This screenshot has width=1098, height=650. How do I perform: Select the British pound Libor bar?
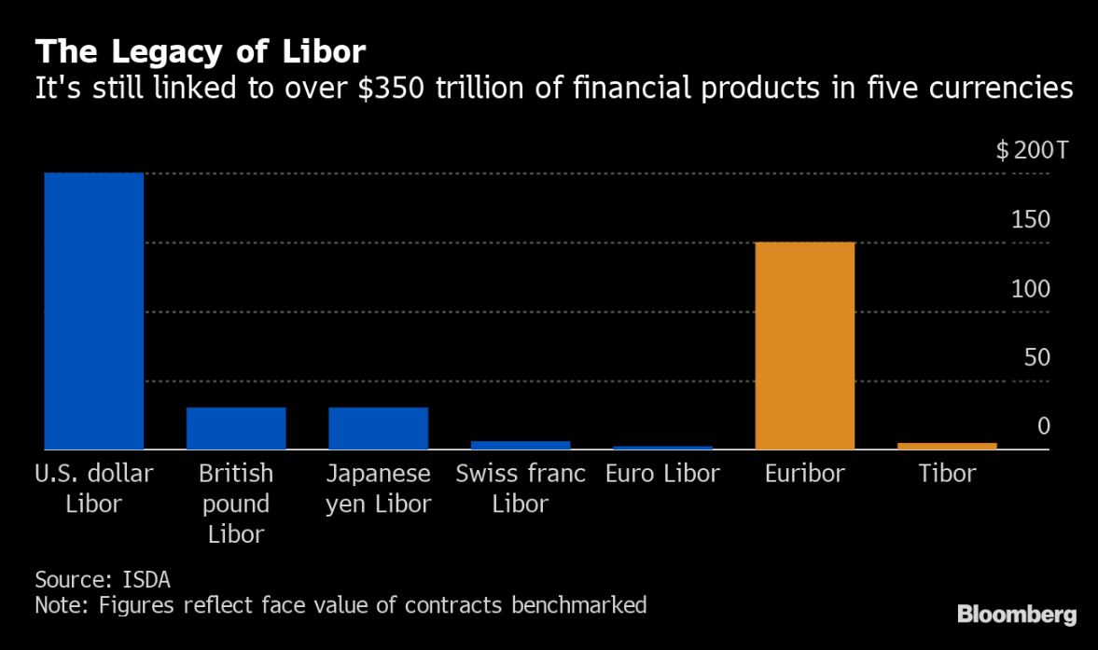click(x=236, y=428)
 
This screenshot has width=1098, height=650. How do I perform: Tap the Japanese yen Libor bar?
click(x=378, y=428)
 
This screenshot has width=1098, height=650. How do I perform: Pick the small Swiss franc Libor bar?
click(x=521, y=445)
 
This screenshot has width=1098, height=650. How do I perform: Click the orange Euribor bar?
click(x=805, y=345)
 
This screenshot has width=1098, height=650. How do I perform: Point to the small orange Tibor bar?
click(x=947, y=446)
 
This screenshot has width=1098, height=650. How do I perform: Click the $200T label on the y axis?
click(x=1022, y=150)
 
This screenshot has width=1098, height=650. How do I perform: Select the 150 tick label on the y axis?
click(x=1031, y=220)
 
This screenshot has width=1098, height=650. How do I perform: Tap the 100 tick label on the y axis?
click(x=1031, y=289)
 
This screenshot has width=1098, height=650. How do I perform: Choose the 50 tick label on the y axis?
click(x=1036, y=358)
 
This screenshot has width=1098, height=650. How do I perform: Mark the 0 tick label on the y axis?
click(x=1044, y=426)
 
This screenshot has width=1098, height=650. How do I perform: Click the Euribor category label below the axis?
click(x=804, y=474)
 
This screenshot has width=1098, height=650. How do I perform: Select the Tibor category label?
click(x=946, y=474)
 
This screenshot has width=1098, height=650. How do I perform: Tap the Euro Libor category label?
click(x=662, y=474)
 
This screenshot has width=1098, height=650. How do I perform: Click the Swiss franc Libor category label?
click(x=521, y=489)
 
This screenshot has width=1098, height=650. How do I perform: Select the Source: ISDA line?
click(x=103, y=579)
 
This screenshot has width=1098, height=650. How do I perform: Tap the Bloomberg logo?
click(x=1017, y=615)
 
